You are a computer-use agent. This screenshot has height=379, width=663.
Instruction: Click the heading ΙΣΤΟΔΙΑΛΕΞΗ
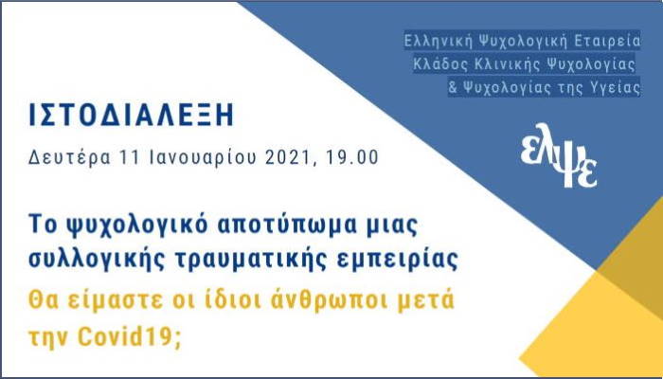point(131,115)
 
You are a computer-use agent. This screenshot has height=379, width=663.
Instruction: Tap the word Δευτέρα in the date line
point(69,157)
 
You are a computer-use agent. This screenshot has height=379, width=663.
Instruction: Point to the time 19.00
point(351,157)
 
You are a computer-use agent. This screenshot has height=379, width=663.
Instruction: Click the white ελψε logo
point(559,155)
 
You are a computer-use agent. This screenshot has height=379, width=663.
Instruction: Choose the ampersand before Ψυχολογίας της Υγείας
point(453,88)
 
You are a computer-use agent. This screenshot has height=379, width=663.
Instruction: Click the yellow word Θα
point(43,300)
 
